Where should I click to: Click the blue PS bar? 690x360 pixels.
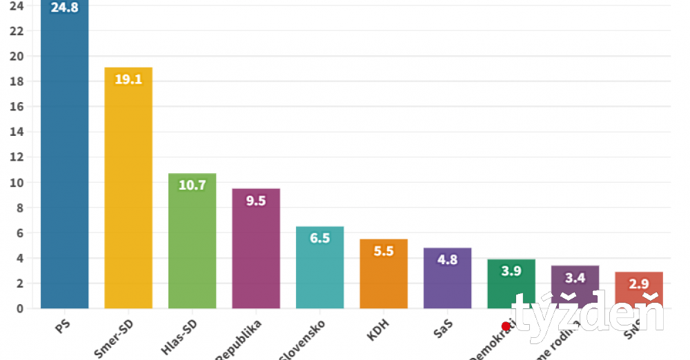(x=65, y=159)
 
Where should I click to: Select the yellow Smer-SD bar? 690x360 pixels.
(x=128, y=193)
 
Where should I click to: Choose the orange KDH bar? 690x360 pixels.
(x=384, y=276)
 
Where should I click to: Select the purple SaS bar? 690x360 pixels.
(x=447, y=279)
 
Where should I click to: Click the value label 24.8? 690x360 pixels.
(x=65, y=8)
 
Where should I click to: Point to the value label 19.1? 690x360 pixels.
(x=128, y=79)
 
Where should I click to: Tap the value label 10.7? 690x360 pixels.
(x=193, y=185)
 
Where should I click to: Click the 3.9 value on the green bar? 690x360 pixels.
(x=511, y=271)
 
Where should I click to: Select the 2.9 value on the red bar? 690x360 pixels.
(x=639, y=283)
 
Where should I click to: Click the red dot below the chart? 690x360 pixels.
(x=506, y=326)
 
